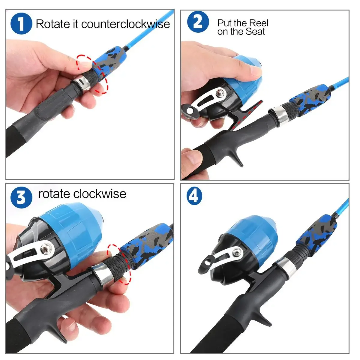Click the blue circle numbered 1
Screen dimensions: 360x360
coord(21,23)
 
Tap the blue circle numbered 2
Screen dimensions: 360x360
coord(198,22)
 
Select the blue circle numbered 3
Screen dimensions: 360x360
coord(21,197)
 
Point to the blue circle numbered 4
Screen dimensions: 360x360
coord(194,196)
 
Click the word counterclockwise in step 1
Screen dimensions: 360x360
coord(125,24)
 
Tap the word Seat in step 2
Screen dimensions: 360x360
coord(255,31)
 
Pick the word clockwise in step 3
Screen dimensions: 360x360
coord(100,194)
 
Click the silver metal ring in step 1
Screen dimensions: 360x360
coord(82,83)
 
